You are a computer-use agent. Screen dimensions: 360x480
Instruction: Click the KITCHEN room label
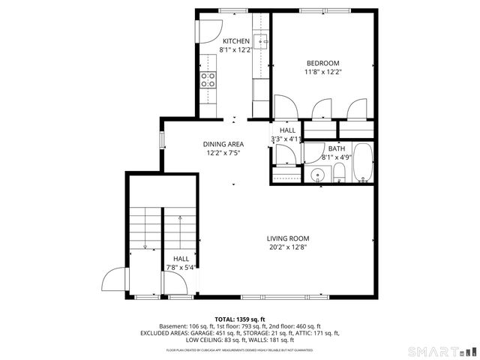click(x=235, y=41)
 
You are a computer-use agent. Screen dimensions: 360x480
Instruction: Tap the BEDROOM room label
click(x=322, y=63)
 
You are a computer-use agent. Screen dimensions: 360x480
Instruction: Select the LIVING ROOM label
click(x=287, y=238)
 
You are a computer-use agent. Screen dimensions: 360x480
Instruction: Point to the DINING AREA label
click(x=223, y=143)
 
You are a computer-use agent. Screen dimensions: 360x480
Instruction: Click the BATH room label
click(x=335, y=148)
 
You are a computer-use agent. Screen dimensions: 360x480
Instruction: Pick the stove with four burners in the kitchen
click(x=208, y=79)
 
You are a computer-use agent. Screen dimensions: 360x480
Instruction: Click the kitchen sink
click(x=261, y=40)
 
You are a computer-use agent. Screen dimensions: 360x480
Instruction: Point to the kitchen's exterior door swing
click(x=208, y=30)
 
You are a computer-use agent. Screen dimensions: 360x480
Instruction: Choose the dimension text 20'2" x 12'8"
click(x=287, y=247)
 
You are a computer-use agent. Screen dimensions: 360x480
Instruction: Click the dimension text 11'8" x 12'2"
click(x=322, y=72)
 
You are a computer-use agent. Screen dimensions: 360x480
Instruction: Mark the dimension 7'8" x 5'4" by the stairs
click(x=180, y=267)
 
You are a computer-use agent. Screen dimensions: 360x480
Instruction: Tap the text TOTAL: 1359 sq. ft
click(x=240, y=319)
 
